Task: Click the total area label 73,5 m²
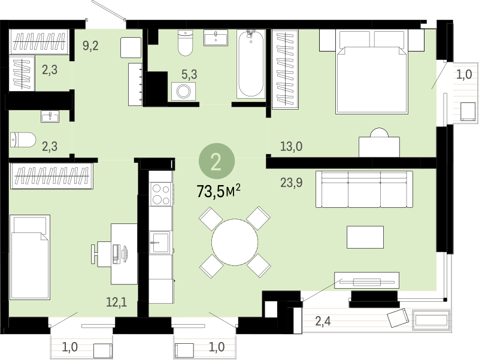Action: click(x=219, y=192)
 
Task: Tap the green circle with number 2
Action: click(x=217, y=161)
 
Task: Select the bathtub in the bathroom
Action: click(x=251, y=64)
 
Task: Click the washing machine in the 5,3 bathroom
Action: click(x=183, y=91)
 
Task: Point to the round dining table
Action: click(x=235, y=242)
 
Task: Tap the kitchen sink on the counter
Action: click(x=159, y=243)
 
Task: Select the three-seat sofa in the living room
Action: click(x=364, y=189)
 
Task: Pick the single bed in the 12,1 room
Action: click(x=30, y=257)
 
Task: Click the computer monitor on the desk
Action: click(x=125, y=253)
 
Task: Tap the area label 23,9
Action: click(x=292, y=183)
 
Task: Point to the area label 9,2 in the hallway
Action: click(x=90, y=46)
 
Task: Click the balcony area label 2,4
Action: click(x=323, y=321)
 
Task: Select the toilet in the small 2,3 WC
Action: click(x=23, y=140)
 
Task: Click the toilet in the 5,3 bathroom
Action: click(x=186, y=43)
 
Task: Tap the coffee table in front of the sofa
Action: click(x=365, y=237)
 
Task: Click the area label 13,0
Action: click(x=292, y=147)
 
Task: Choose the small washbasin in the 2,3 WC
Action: click(x=50, y=116)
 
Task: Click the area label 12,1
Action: click(x=116, y=302)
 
